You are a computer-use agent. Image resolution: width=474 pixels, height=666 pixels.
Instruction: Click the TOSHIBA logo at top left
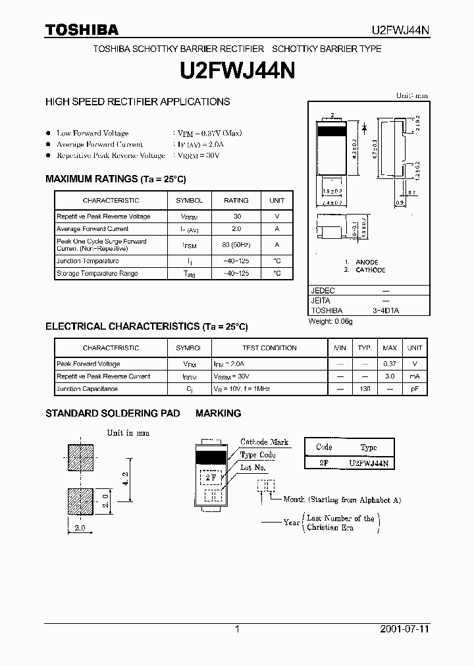[81, 30]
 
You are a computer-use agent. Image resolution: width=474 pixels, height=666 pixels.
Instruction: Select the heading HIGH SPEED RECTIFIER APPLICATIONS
[137, 102]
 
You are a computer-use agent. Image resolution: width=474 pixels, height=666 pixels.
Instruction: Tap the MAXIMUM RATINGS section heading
[115, 179]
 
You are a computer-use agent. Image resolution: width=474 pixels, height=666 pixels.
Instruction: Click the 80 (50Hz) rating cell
[236, 245]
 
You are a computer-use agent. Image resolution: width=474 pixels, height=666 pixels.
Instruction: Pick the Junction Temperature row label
[88, 261]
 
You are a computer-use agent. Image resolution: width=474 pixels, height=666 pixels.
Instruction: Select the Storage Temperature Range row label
[97, 273]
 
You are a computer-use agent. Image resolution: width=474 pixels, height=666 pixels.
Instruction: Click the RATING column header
[236, 200]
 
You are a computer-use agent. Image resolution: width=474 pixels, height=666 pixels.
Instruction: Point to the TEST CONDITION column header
[269, 348]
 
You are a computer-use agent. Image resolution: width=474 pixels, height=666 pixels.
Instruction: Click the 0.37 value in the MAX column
[390, 364]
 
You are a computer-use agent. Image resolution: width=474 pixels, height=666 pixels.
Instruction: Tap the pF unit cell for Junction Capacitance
[415, 389]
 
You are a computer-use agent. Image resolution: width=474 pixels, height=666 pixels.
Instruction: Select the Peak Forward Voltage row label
[88, 364]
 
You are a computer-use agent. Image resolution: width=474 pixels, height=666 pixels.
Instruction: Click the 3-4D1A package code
[386, 310]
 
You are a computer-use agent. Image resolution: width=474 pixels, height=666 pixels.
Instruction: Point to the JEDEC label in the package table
[323, 290]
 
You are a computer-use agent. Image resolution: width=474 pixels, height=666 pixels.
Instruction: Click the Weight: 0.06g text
[331, 321]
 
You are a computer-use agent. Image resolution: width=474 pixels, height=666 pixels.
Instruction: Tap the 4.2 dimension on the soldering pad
[124, 478]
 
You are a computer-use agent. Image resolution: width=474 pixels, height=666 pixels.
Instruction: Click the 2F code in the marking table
[324, 463]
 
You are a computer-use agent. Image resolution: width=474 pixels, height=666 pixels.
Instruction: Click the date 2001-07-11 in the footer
[404, 629]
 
